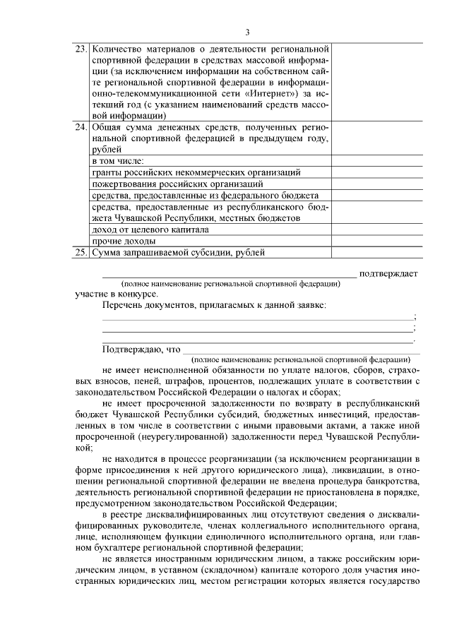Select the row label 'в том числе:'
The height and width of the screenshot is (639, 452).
(x=117, y=161)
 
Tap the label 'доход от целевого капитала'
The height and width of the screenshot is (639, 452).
(x=150, y=229)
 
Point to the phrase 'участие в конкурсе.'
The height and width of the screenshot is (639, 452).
(x=117, y=293)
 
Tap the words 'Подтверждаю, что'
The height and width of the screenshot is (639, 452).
(x=141, y=349)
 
